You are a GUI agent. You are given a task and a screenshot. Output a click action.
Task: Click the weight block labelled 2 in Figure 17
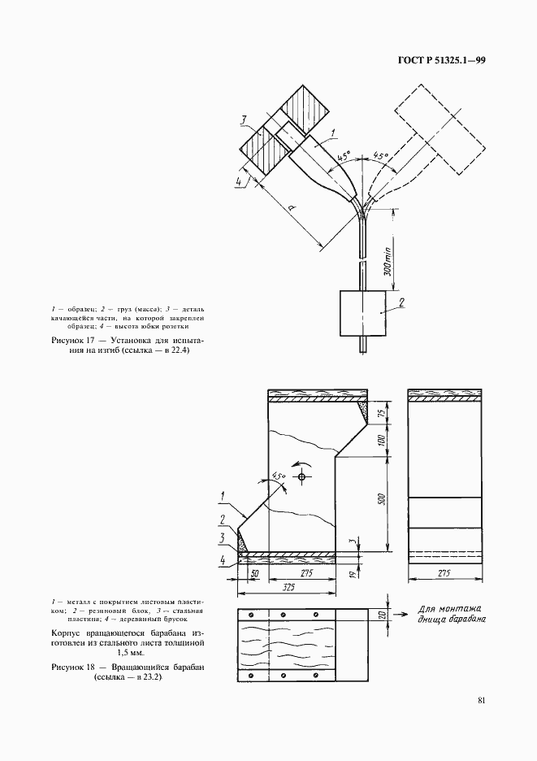(x=362, y=313)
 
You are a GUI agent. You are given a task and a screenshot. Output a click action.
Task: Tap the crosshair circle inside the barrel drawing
(x=301, y=476)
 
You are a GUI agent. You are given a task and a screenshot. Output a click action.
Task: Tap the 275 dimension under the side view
(x=444, y=573)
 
